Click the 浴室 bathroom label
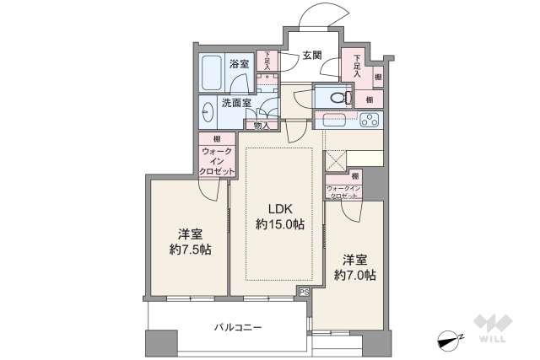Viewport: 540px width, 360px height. (x=239, y=64)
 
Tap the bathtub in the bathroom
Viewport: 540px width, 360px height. (x=211, y=73)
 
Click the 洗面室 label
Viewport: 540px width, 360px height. (x=236, y=104)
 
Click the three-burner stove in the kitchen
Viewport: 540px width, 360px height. (x=369, y=121)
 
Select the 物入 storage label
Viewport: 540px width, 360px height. (x=262, y=126)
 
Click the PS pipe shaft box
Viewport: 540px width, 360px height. (x=303, y=291)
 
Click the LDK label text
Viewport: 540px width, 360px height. (x=279, y=208)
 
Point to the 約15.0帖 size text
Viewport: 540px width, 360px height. (x=279, y=225)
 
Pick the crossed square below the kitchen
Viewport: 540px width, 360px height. (x=335, y=161)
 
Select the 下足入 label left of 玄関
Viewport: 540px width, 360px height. (x=266, y=61)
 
